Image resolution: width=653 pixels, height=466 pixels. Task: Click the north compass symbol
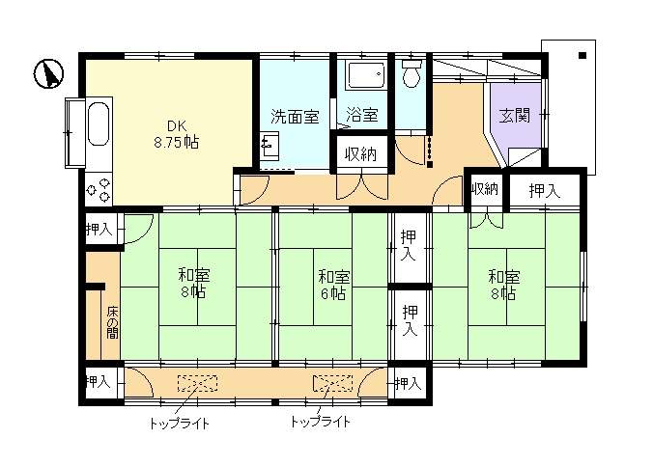[x=48, y=73]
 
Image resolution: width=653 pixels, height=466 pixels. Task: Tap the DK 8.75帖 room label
[x=177, y=134]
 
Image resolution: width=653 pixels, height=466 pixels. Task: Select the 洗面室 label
[x=295, y=117]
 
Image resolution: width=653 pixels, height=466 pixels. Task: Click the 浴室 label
[x=362, y=115]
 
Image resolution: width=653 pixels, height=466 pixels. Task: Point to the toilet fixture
[x=412, y=73]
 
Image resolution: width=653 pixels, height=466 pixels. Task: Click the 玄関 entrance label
[x=515, y=115]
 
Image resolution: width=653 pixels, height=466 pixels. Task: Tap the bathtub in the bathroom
[x=366, y=75]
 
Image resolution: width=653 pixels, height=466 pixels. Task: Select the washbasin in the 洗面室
[x=270, y=146]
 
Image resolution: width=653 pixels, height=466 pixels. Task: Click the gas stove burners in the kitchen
[x=99, y=189]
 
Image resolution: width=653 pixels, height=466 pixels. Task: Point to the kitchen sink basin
[x=99, y=124]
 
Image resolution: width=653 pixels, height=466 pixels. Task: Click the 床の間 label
[x=112, y=323]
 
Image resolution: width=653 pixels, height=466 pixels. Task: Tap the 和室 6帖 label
[x=333, y=285]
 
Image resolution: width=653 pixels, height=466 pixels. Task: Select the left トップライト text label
[x=180, y=424]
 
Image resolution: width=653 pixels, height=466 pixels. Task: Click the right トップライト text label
[x=321, y=422]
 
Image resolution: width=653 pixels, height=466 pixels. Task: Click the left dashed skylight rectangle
[x=197, y=383]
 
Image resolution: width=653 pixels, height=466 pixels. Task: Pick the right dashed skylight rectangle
[x=332, y=383]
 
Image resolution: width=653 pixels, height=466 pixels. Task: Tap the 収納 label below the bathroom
[x=360, y=154]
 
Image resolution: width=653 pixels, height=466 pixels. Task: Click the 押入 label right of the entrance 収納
[x=545, y=191]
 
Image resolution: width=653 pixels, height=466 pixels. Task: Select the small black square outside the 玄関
[x=582, y=55]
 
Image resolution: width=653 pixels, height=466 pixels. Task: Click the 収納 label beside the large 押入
[x=485, y=189]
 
